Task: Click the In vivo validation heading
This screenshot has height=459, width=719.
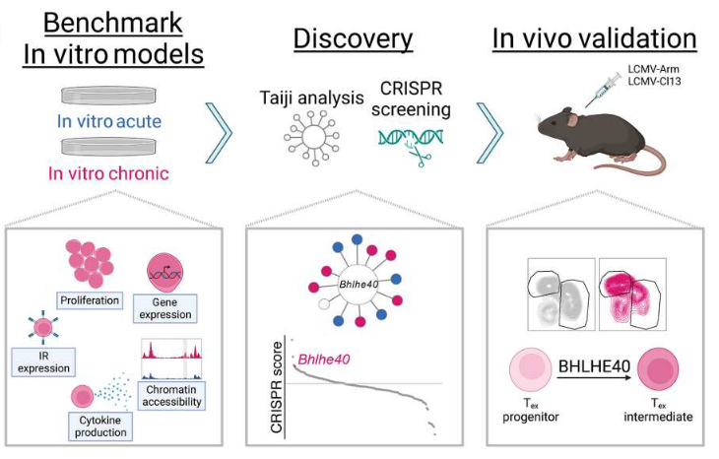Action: (594, 38)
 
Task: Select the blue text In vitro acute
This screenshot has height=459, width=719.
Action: (111, 122)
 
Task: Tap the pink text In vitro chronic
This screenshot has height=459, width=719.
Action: (111, 174)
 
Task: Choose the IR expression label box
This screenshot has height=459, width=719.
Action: (40, 361)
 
